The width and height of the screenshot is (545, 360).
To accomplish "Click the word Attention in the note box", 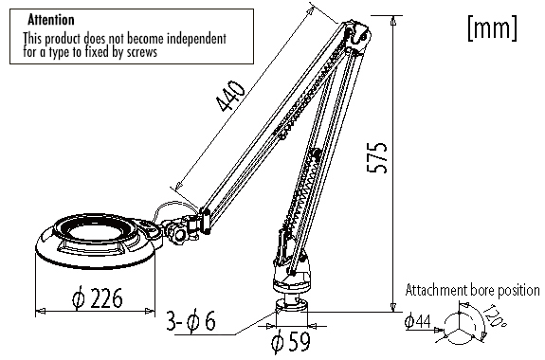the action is click(51, 20).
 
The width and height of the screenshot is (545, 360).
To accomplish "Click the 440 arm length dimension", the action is click(230, 96).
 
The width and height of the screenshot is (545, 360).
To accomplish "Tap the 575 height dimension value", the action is click(377, 157).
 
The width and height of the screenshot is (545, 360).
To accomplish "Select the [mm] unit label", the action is click(492, 27).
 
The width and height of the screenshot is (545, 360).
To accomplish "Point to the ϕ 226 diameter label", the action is click(98, 297).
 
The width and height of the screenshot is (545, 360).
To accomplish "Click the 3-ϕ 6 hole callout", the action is click(191, 320).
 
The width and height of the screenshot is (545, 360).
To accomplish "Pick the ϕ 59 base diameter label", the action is click(291, 341).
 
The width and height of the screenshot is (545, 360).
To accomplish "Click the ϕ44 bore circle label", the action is click(418, 321).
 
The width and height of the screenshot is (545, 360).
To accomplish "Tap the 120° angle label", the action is click(494, 315).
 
